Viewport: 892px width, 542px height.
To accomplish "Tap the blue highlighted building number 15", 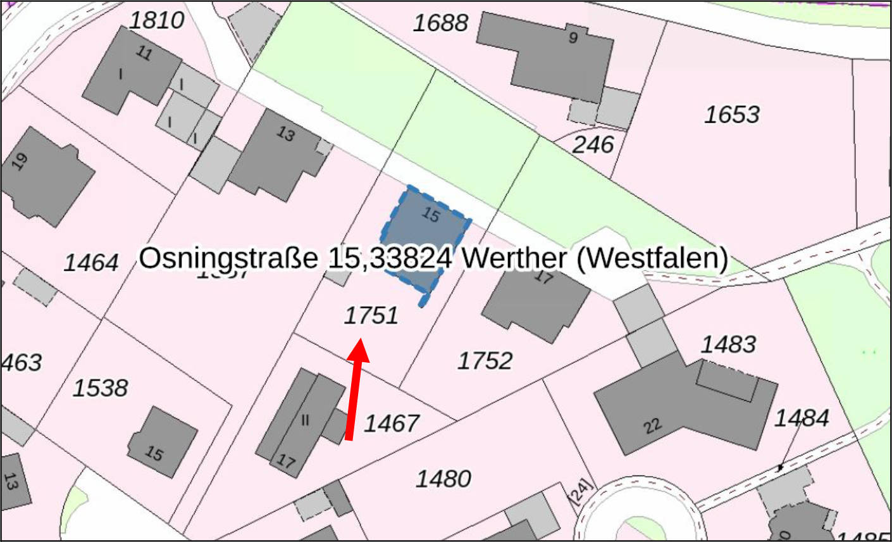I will pos(426,234).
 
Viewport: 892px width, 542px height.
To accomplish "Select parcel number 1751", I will pos(371,315).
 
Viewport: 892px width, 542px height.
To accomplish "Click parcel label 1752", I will pos(485,360).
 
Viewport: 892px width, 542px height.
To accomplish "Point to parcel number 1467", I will pos(392,423).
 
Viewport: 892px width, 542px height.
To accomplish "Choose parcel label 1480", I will pos(443,478).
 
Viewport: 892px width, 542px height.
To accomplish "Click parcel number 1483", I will pos(728,344).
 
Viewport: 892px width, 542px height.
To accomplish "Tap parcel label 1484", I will pos(802,418).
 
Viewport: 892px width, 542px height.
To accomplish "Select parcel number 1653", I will pos(732,115).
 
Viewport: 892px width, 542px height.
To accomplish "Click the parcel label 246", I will pos(593,145).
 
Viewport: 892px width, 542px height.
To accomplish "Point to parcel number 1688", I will pos(441,23).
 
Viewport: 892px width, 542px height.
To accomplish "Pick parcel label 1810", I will pos(157,20).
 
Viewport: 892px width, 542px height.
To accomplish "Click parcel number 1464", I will pos(92,262).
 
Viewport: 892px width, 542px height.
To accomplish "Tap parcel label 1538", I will pos(101,388).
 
